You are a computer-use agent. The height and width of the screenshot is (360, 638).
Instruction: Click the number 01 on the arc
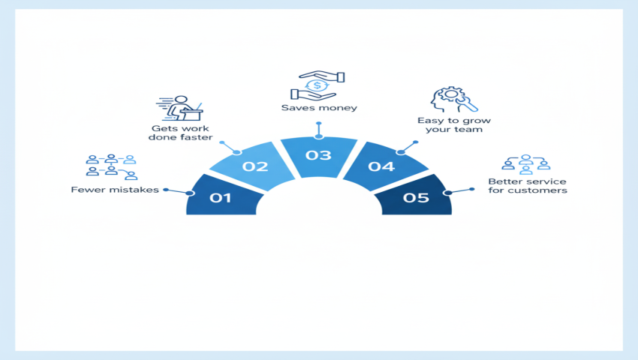pos(220,199)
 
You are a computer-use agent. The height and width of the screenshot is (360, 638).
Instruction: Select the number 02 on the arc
pos(256,166)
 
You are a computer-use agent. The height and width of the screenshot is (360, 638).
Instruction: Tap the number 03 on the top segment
pos(318,155)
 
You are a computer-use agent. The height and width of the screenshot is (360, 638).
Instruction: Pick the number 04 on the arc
pos(381,166)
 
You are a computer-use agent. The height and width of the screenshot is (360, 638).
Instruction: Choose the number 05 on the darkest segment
pos(415,199)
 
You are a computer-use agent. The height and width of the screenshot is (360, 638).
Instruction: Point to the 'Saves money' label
pos(319,108)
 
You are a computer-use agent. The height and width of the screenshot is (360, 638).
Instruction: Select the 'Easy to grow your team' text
pos(450,124)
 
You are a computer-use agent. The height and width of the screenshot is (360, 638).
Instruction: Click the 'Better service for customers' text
pos(527,186)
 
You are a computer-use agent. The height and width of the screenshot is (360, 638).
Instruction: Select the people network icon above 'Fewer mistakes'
pos(111,168)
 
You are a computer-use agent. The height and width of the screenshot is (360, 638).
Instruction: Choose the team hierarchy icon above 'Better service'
pos(526,164)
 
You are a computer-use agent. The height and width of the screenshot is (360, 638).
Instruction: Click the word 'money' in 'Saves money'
pos(339,108)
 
